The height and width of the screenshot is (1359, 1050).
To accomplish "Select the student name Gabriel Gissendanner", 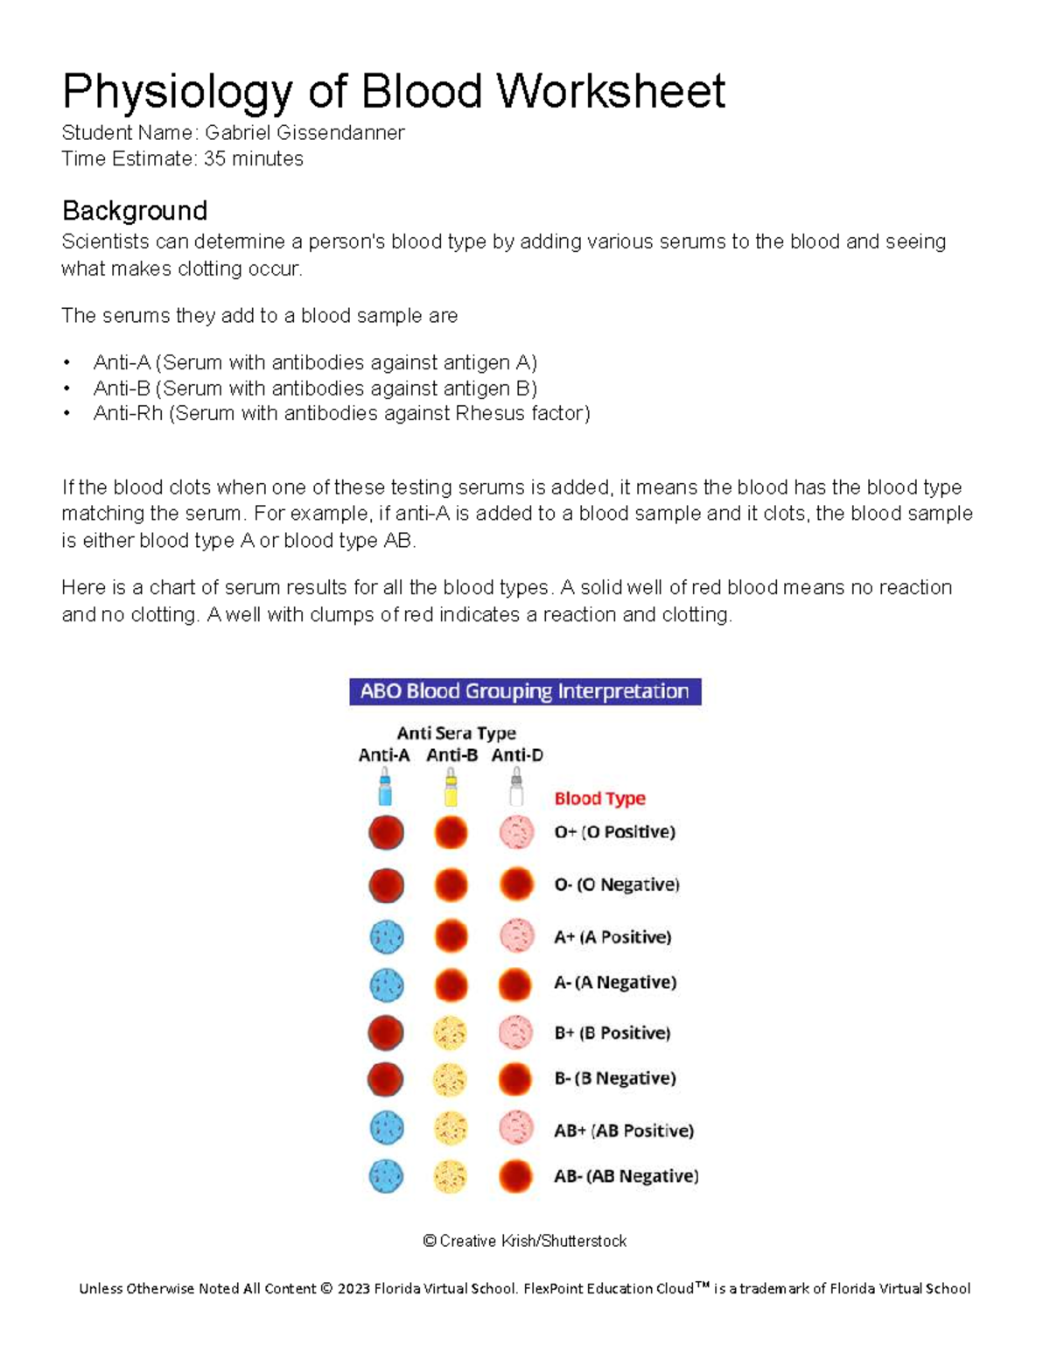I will click(x=304, y=133).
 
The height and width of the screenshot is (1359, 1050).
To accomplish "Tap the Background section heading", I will click(x=135, y=211).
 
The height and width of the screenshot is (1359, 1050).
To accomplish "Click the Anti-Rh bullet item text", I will click(x=341, y=414).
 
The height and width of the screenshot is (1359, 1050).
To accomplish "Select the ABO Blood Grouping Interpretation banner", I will click(x=525, y=691).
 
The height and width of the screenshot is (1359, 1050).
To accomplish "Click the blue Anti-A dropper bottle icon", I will click(x=384, y=788).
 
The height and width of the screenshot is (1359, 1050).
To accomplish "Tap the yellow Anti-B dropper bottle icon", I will click(x=451, y=788).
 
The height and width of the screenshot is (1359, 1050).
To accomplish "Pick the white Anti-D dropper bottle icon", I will click(x=516, y=788).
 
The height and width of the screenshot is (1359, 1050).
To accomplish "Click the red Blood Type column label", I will click(x=599, y=798).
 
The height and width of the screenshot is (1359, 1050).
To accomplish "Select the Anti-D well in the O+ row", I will click(x=516, y=832).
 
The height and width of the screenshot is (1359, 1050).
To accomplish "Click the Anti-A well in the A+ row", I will click(x=386, y=937).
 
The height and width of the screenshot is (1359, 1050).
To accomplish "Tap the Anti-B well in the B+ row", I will click(x=451, y=1033).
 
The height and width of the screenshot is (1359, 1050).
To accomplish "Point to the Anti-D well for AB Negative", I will click(x=516, y=1176).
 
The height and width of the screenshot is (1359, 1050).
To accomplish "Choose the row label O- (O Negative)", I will click(x=616, y=885).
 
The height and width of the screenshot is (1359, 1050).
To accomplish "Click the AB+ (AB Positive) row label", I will click(x=623, y=1131).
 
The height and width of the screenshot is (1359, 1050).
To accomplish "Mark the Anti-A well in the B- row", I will click(x=386, y=1079).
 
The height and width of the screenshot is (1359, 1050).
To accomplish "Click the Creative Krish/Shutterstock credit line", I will click(x=524, y=1241).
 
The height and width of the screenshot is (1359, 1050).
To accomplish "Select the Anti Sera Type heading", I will click(x=456, y=733).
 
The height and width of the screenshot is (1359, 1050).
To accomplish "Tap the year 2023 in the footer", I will click(x=354, y=1288).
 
